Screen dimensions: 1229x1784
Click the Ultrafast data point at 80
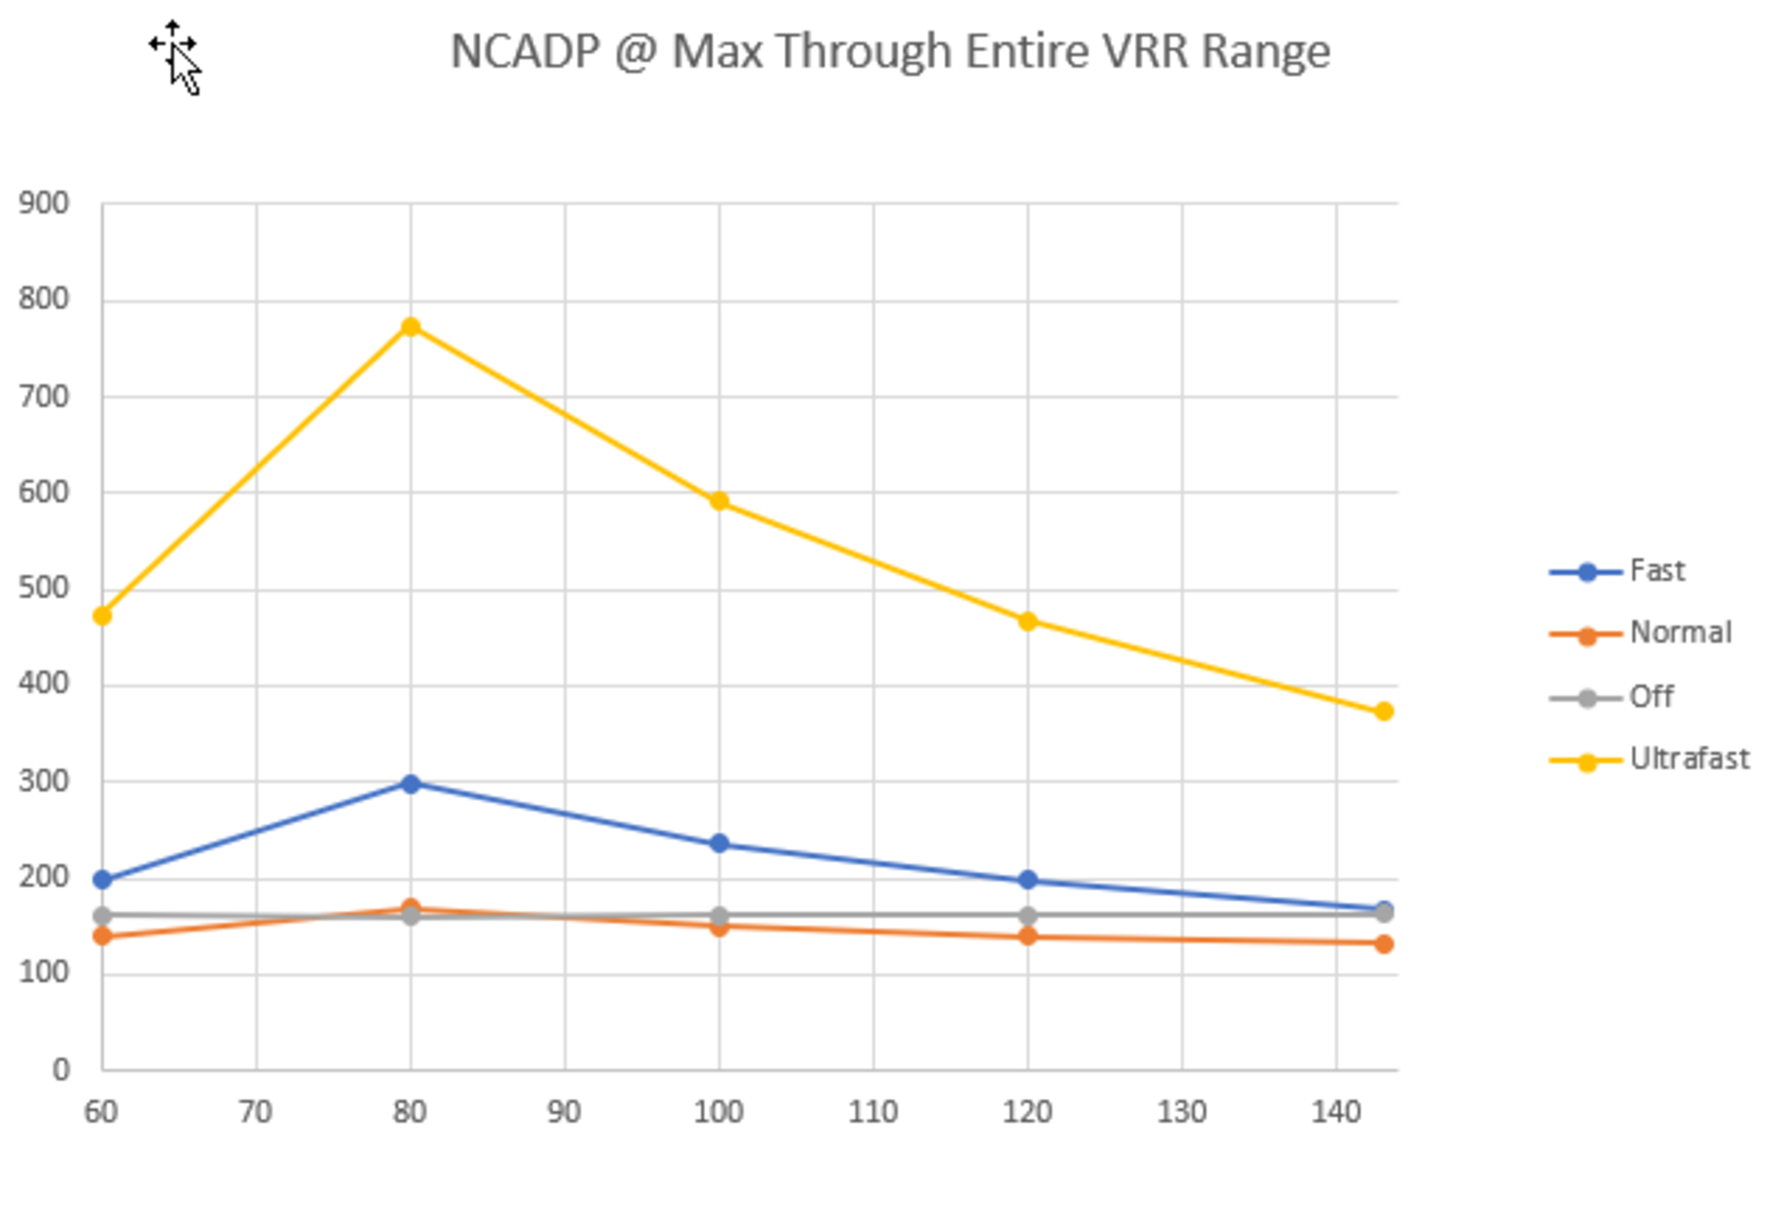click(x=410, y=327)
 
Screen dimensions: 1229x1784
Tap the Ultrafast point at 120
click(x=1027, y=621)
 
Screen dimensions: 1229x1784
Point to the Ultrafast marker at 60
click(x=102, y=615)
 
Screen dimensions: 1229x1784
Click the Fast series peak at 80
click(x=410, y=784)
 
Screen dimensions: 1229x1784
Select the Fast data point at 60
click(x=102, y=880)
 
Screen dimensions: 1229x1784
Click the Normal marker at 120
click(x=1027, y=936)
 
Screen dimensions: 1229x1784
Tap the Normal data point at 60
click(x=102, y=936)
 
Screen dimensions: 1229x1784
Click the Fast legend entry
click(x=1655, y=571)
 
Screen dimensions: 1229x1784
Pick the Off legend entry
click(x=1650, y=697)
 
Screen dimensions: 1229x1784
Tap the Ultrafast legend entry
click(x=1688, y=759)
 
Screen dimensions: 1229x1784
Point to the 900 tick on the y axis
click(x=44, y=204)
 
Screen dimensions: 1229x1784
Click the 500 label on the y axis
click(x=44, y=588)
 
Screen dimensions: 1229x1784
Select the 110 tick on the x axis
click(x=873, y=1112)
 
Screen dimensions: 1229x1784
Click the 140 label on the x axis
click(x=1336, y=1112)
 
